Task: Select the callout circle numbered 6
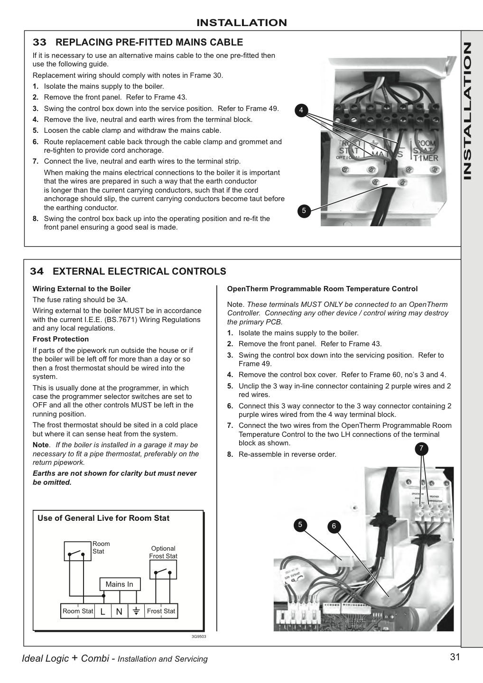click(334, 526)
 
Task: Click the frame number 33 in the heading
click(40, 42)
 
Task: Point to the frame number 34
click(37, 271)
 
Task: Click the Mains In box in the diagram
click(120, 584)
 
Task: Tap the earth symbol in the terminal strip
click(136, 611)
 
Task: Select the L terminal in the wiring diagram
click(102, 611)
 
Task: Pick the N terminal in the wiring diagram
click(119, 611)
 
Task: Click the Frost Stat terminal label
click(161, 611)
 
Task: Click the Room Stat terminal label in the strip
click(78, 611)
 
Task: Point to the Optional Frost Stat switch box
click(163, 569)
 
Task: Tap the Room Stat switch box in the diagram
click(78, 551)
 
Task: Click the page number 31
click(455, 657)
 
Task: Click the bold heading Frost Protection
click(61, 339)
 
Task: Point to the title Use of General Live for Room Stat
click(103, 518)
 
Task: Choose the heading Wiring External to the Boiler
click(82, 289)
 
